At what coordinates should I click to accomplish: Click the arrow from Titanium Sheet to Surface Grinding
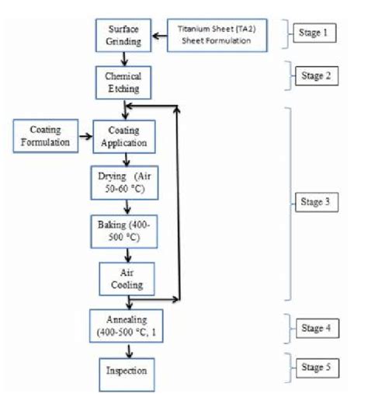(x=158, y=35)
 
